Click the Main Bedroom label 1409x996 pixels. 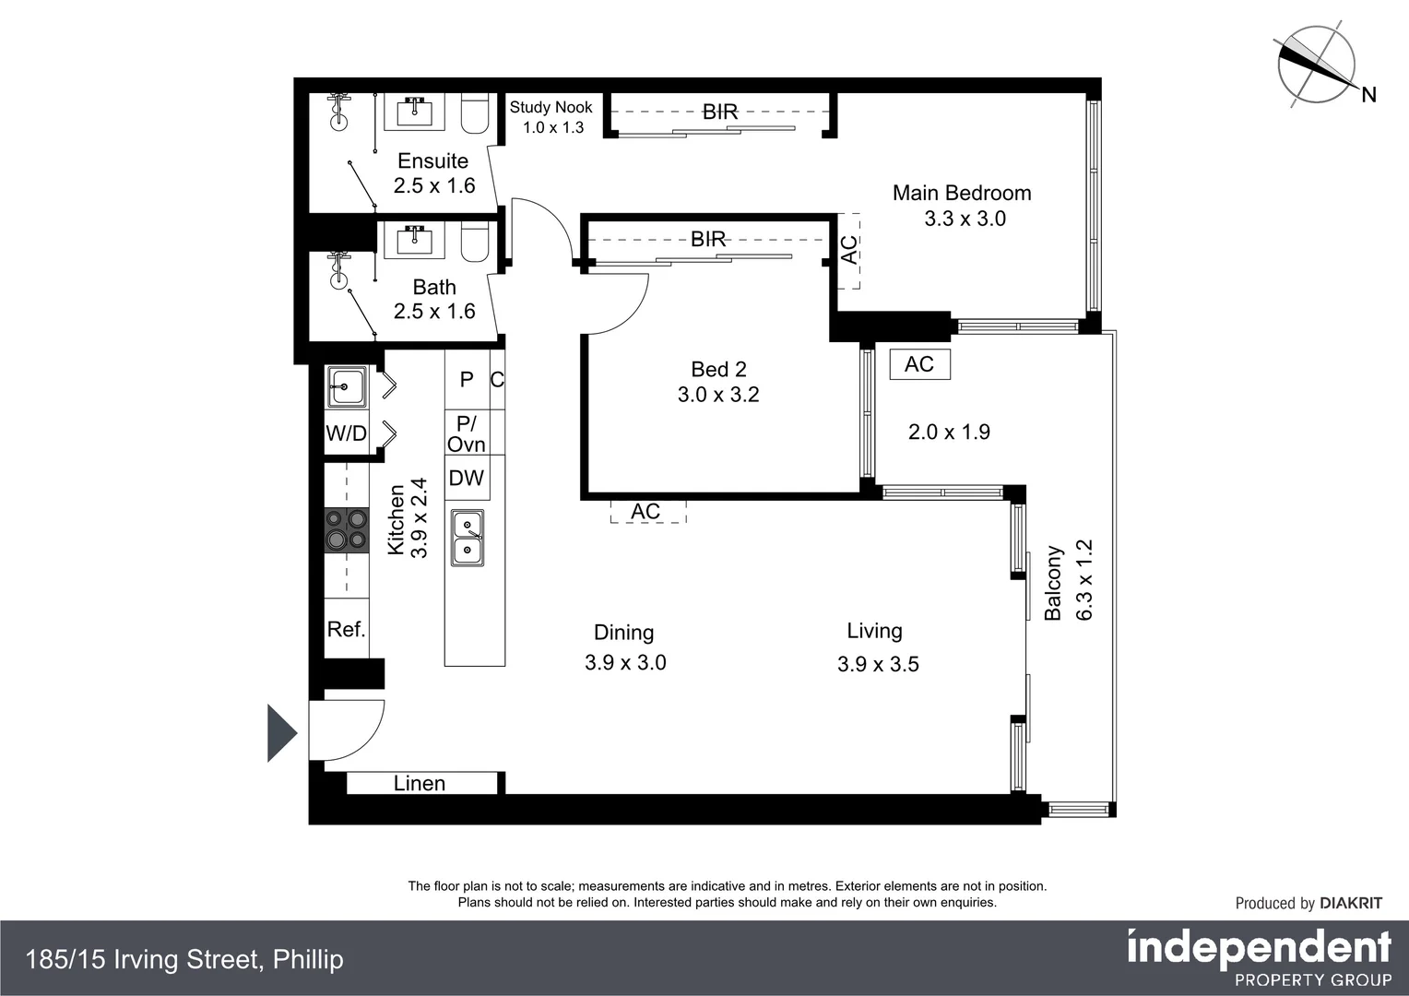click(x=962, y=193)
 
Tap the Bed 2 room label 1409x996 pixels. click(x=718, y=369)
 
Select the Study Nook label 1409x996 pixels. click(x=551, y=107)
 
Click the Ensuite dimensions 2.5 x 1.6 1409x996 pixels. click(x=434, y=185)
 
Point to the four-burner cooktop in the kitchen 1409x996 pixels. click(x=347, y=530)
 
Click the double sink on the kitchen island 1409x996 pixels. click(x=467, y=538)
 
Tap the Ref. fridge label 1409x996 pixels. click(x=347, y=629)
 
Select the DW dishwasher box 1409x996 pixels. click(x=467, y=478)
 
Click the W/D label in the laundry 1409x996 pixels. click(x=346, y=433)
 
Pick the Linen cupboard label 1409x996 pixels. click(x=420, y=783)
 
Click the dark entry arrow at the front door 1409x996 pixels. click(x=281, y=733)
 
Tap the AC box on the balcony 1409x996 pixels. click(x=919, y=364)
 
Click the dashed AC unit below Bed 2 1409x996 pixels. click(x=647, y=512)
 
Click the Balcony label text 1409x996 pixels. click(x=1053, y=583)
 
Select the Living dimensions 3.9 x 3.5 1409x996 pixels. click(x=878, y=664)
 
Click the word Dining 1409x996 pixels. click(x=623, y=633)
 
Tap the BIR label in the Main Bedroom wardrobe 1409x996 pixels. click(x=720, y=112)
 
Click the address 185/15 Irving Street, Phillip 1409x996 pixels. click(x=184, y=959)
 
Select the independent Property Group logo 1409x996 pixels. click(x=1259, y=957)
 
